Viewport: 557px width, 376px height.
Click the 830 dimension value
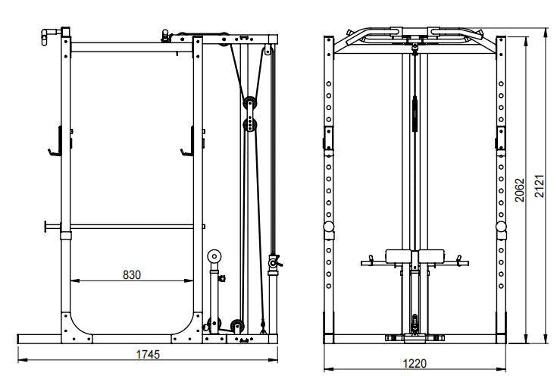click(131, 275)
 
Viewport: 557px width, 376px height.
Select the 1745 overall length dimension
click(148, 353)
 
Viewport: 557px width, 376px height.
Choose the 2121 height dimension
click(540, 186)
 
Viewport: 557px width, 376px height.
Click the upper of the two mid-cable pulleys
click(248, 103)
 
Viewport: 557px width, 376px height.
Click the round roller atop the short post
click(215, 256)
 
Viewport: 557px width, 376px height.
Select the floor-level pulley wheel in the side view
click(237, 327)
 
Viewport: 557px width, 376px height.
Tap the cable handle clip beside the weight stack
click(274, 262)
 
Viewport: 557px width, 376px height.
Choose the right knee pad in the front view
click(430, 255)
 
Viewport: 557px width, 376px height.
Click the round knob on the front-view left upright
click(328, 227)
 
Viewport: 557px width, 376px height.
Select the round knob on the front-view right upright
click(501, 227)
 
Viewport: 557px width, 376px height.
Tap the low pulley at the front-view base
click(414, 325)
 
